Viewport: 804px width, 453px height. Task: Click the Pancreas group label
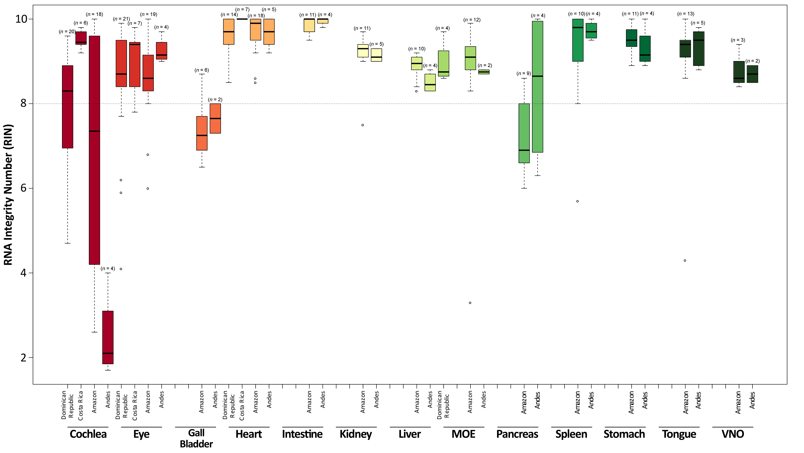pyautogui.click(x=517, y=434)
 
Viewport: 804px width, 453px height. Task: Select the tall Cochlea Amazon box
pyautogui.click(x=95, y=150)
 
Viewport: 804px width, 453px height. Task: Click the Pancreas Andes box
pyautogui.click(x=537, y=87)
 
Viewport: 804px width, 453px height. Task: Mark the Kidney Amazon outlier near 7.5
pyautogui.click(x=363, y=125)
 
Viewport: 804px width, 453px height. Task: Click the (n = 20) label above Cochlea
pyautogui.click(x=67, y=32)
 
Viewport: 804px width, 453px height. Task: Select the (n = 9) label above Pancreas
pyautogui.click(x=524, y=73)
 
